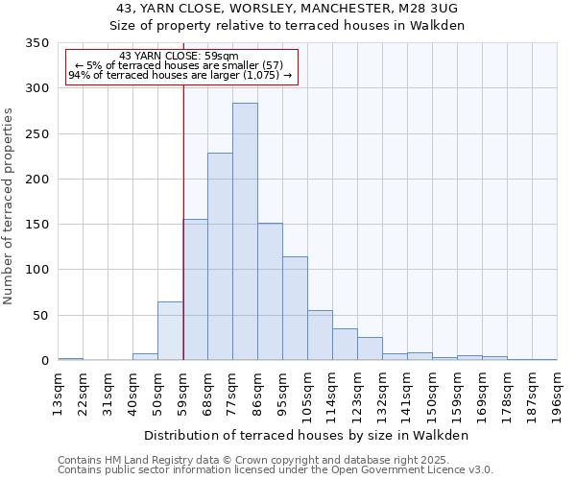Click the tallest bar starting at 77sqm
(x=245, y=231)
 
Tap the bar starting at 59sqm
(x=195, y=289)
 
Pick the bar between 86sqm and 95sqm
(x=270, y=292)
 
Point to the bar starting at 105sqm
(x=320, y=335)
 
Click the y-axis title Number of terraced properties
(x=10, y=206)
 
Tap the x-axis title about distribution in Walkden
(x=307, y=435)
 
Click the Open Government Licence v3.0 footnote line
(x=276, y=470)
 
